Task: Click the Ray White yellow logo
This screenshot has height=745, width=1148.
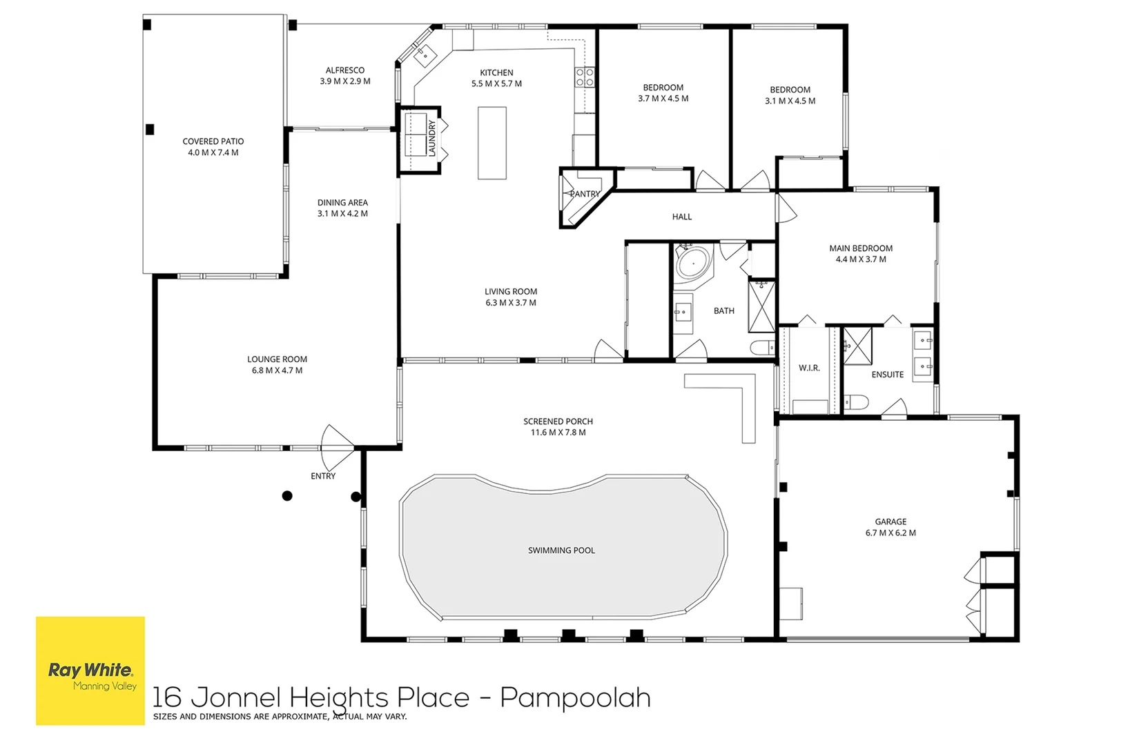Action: coord(90,670)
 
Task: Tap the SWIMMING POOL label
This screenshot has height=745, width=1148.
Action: coord(561,550)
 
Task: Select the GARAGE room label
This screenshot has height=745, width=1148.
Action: coord(891,521)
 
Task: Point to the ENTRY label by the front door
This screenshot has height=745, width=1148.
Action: coord(323,476)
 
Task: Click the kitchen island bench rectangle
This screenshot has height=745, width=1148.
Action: coord(492,143)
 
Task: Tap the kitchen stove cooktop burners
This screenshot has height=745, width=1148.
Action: coord(585,77)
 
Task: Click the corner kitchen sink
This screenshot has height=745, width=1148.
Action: coord(425,55)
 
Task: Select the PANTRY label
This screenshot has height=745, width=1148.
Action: coord(585,194)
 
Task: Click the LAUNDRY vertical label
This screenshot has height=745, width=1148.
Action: coord(431,138)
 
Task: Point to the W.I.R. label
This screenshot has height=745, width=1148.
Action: coord(809,368)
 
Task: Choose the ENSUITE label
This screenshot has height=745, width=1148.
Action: coord(888,375)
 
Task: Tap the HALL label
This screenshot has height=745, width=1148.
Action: coord(681,217)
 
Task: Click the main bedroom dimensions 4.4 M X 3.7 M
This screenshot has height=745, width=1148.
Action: coord(861,259)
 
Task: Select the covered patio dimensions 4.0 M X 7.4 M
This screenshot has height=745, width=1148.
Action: coord(213,152)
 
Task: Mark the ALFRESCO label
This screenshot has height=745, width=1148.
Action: coord(345,70)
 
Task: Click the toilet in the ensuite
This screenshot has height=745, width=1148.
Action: coord(855,402)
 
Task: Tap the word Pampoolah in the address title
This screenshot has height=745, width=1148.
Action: coord(576,698)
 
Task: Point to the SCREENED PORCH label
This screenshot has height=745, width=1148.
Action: coord(558,421)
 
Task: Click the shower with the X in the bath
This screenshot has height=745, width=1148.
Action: coord(762,307)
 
